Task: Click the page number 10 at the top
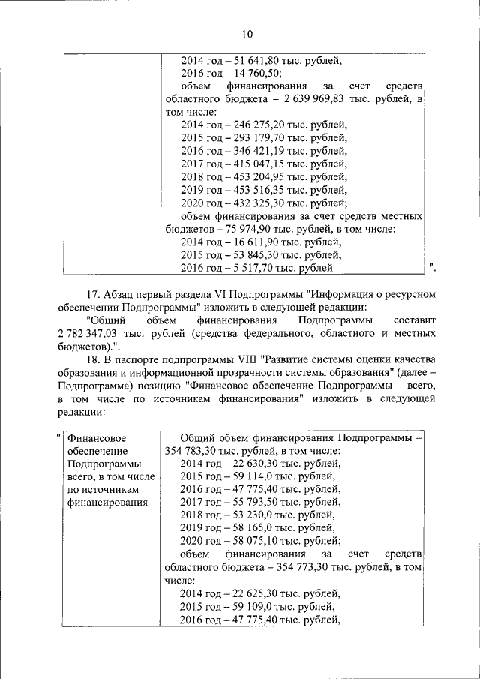(x=248, y=33)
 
